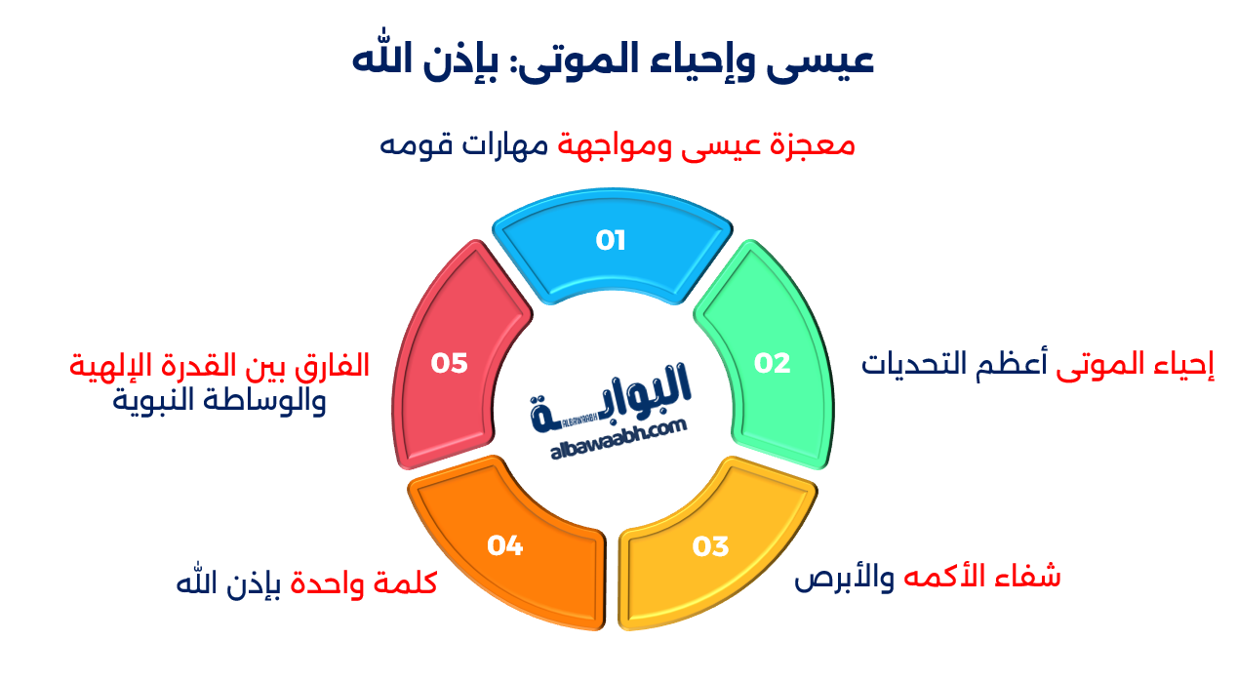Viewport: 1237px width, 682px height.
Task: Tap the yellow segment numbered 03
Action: point(711,546)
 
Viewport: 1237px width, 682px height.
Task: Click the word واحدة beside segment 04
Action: point(326,583)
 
